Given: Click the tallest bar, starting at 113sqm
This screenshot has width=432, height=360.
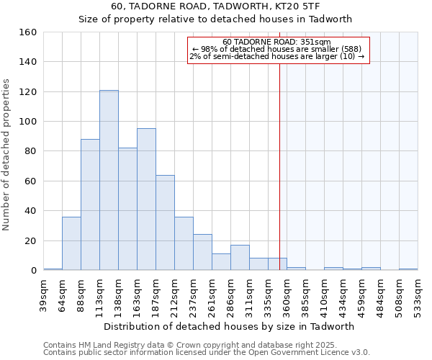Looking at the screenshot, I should coord(109,180).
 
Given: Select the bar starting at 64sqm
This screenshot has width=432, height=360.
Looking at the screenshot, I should coord(71,243).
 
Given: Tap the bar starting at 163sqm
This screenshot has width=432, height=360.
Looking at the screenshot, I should coord(146,199).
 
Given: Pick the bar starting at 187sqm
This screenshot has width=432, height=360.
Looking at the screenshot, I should coord(165,222).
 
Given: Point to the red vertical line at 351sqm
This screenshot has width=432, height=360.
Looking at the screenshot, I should coord(279,158).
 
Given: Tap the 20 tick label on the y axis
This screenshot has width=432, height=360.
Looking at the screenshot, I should coord(30,240).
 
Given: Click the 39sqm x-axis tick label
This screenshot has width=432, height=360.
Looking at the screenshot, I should coord(44,294).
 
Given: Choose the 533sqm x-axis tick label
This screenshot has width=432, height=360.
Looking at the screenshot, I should coord(418,294).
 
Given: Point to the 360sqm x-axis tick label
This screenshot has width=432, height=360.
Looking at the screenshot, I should coord(287,294).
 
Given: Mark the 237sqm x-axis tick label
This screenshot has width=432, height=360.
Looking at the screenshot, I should coord(194,294).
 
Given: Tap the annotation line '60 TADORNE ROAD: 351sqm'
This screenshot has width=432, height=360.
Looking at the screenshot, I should coord(277,42).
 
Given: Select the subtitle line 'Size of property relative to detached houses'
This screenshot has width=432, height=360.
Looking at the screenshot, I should coord(215,19).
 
